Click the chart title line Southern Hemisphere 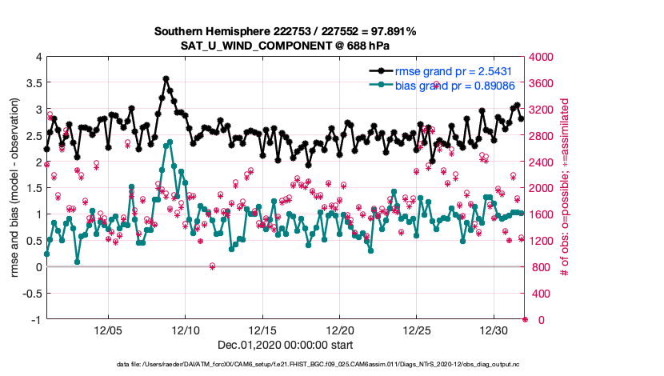(286, 31)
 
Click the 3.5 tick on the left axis (33, 83)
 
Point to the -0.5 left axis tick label (31, 294)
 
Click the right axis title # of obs (565, 188)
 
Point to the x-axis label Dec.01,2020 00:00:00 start (286, 345)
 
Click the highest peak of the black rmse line (166, 78)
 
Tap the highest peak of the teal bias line (170, 142)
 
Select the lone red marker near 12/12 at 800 (212, 266)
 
